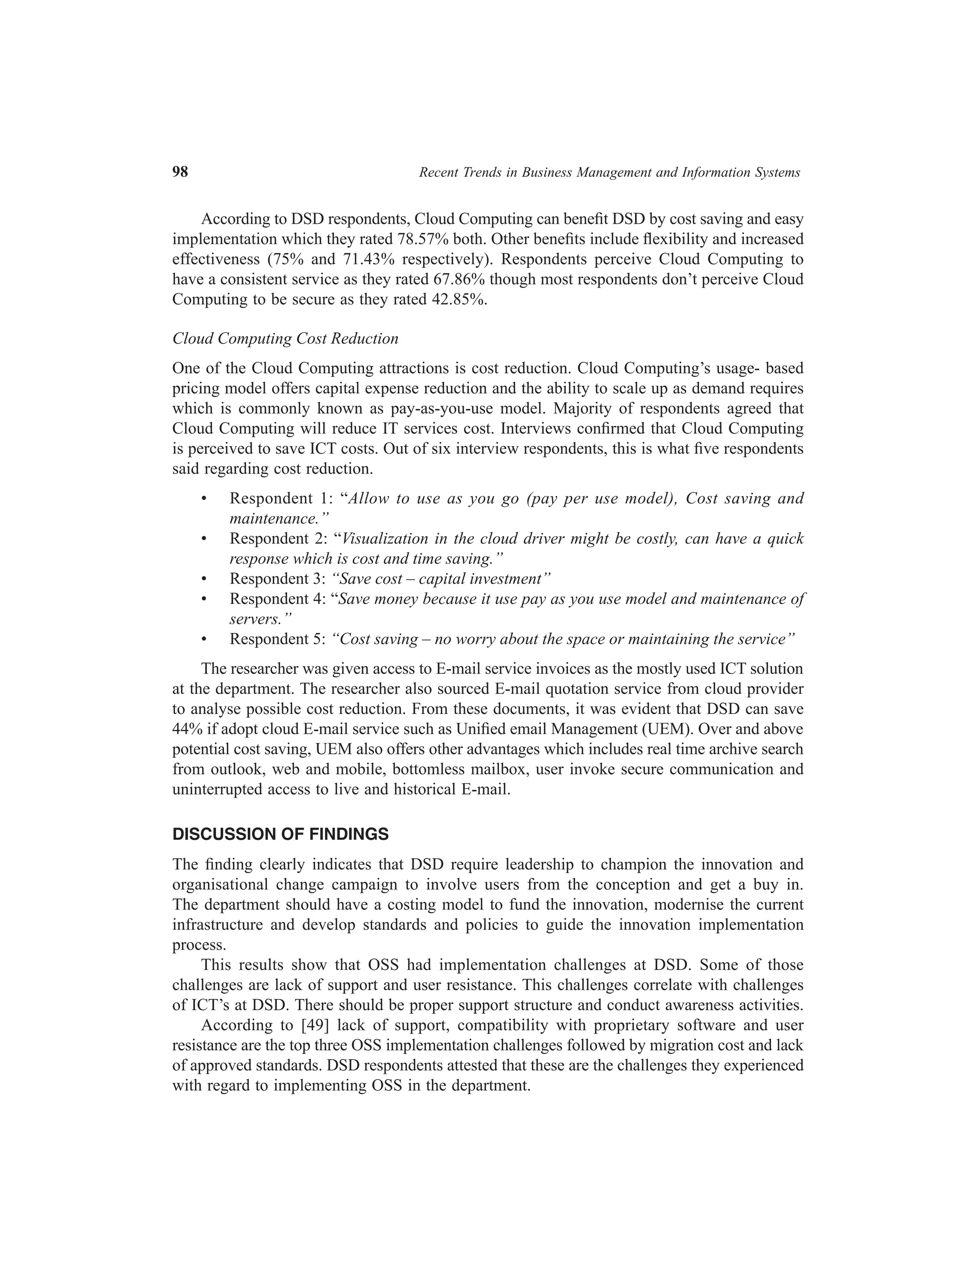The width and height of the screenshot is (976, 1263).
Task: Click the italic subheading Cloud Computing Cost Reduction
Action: pyautogui.click(x=285, y=339)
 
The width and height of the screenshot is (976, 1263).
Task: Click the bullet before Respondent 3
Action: pyautogui.click(x=203, y=579)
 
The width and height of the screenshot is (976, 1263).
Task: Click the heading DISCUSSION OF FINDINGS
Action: pyautogui.click(x=280, y=835)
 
